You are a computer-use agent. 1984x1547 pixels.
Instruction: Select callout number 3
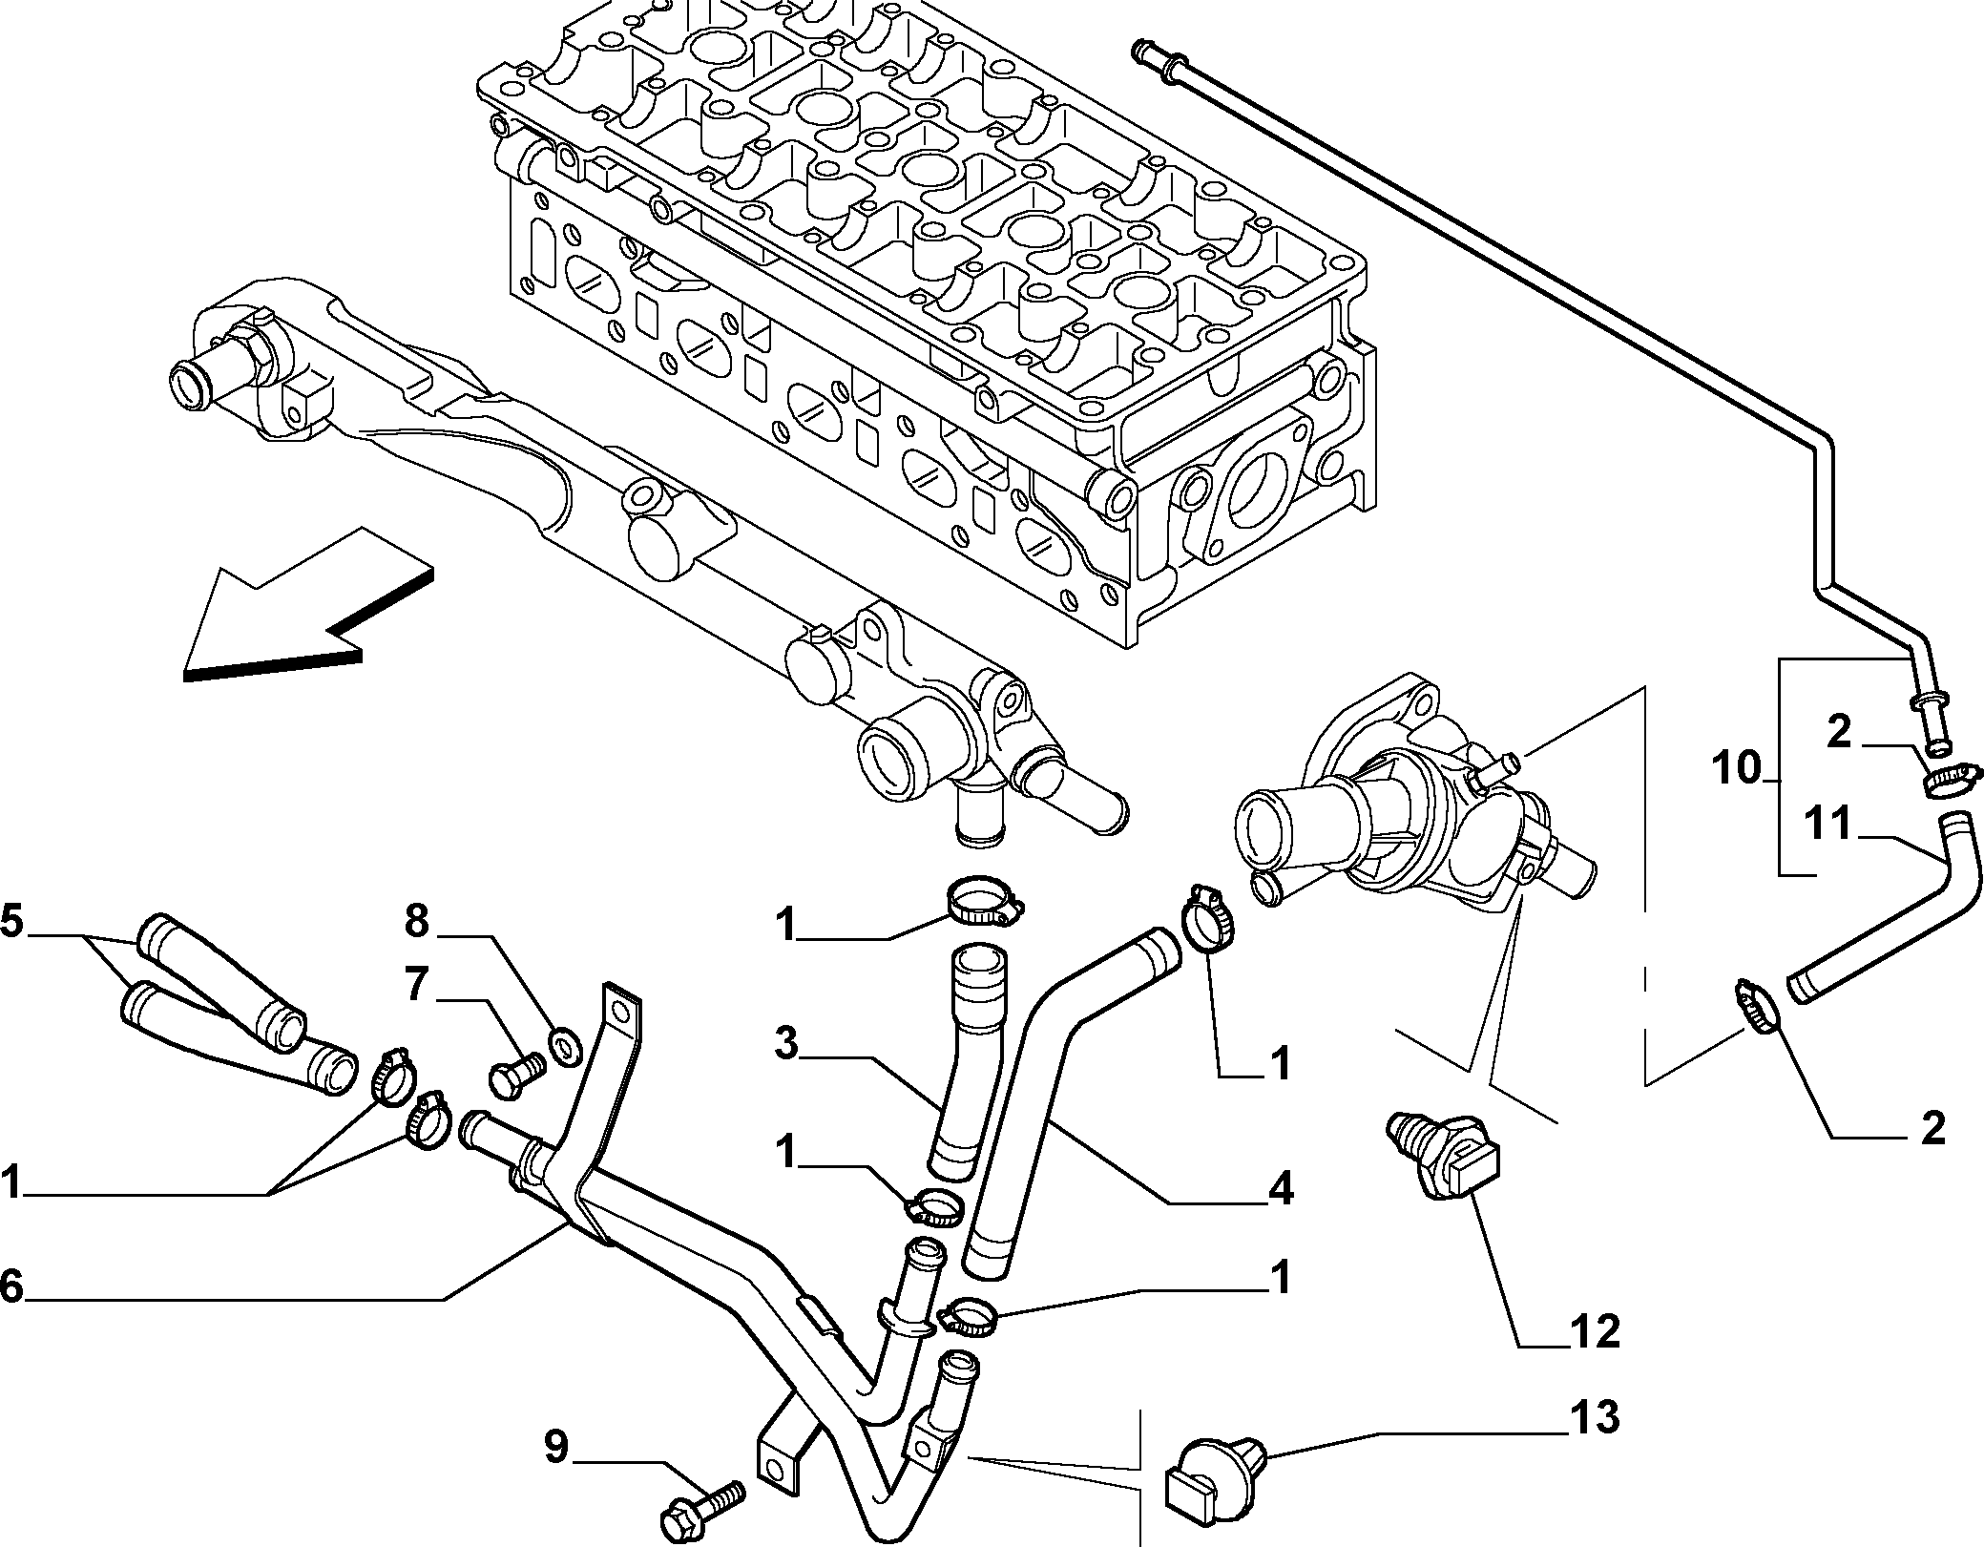(785, 1044)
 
